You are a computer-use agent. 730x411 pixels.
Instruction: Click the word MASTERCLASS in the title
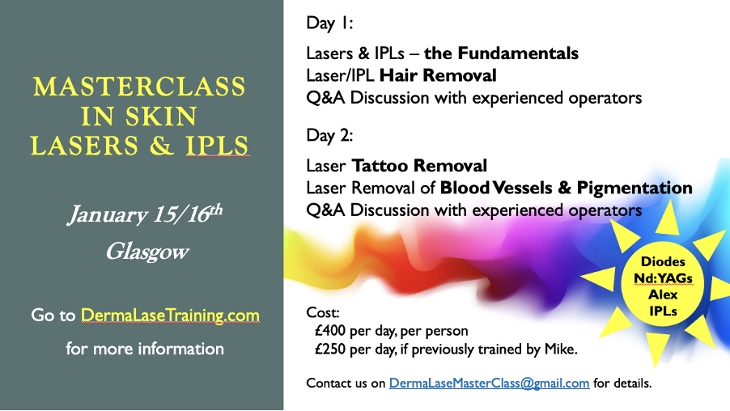click(139, 87)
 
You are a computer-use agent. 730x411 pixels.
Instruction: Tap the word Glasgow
click(147, 252)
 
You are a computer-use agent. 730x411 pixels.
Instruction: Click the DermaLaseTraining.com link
click(170, 315)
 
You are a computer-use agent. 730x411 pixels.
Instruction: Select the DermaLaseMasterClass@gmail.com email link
click(490, 383)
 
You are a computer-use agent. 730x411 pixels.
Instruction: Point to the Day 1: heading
click(329, 23)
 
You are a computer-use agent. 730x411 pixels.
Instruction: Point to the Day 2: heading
click(329, 135)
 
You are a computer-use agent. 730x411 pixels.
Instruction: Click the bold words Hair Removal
click(438, 75)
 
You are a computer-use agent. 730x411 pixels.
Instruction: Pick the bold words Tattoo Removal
click(419, 166)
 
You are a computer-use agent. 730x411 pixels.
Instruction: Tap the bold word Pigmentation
click(635, 188)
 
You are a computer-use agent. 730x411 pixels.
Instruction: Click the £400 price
click(330, 330)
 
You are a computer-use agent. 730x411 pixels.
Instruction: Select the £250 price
click(330, 349)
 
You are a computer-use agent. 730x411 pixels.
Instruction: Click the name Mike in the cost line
click(561, 349)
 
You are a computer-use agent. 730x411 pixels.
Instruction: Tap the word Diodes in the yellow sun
click(663, 261)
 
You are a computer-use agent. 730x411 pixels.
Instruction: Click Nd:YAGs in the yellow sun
click(663, 278)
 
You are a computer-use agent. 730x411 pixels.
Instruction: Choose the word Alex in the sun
click(663, 294)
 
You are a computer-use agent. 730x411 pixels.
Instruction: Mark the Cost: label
click(323, 312)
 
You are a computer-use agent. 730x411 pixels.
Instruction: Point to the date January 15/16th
click(146, 214)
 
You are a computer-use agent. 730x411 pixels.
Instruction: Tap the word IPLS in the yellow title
click(218, 145)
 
